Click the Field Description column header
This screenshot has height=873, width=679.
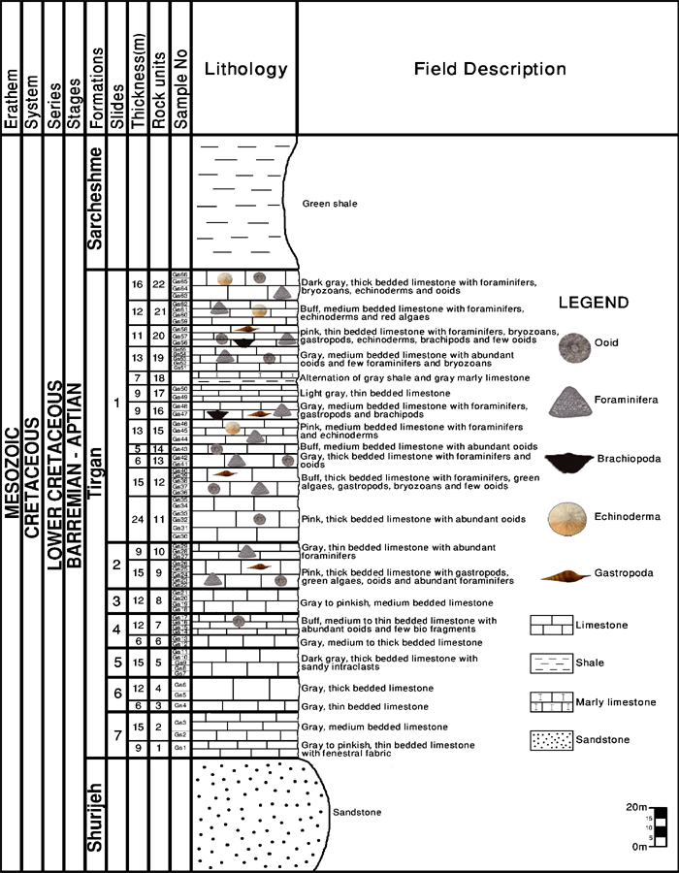coord(490,69)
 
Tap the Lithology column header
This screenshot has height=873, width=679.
coord(247,69)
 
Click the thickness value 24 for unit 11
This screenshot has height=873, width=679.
coord(137,519)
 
